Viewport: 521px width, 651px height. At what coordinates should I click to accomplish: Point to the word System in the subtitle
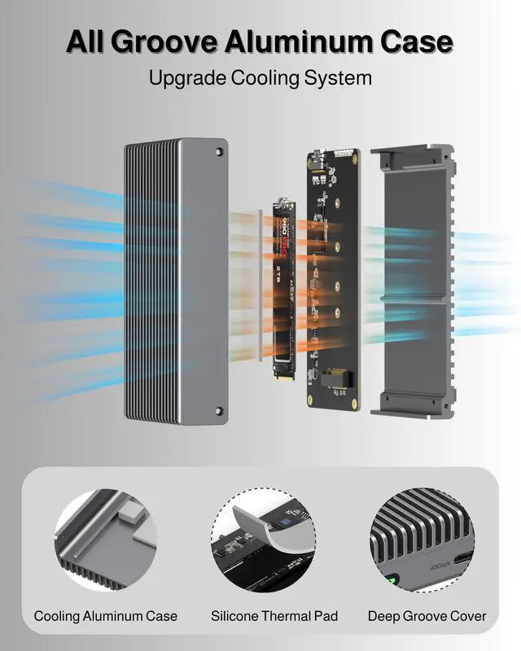click(x=339, y=78)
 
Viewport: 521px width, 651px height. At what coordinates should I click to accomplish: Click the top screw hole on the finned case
click(x=220, y=152)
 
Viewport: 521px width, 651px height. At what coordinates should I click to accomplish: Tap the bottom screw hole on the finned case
click(x=220, y=411)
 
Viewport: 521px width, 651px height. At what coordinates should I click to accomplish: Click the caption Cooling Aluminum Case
click(x=105, y=616)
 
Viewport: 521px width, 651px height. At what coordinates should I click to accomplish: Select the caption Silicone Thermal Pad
click(x=263, y=616)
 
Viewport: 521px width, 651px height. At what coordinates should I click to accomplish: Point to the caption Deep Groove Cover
click(x=427, y=616)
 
